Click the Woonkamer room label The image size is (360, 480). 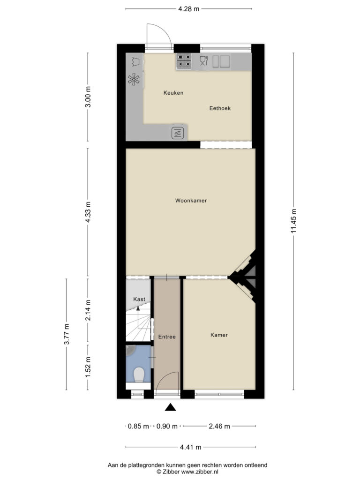point(191,201)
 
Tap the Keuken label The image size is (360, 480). point(173,93)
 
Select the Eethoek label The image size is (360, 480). point(220,108)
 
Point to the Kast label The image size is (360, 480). point(139,299)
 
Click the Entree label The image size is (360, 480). point(167,337)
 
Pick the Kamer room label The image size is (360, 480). point(219,335)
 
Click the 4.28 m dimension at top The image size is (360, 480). point(188,9)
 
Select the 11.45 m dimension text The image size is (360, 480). point(293,221)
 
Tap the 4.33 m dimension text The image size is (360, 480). point(88,212)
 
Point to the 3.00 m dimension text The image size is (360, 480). point(88,97)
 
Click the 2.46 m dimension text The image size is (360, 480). point(219,426)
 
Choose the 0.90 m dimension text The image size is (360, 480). point(167,426)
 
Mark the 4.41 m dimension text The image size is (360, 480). point(190,447)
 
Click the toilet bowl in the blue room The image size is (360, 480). point(139,375)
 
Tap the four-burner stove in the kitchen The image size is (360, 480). point(184,61)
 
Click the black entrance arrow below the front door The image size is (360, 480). point(171,407)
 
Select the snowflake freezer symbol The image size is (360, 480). point(134,80)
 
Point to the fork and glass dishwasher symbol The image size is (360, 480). point(203,61)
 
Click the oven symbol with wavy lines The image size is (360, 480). point(178,133)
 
